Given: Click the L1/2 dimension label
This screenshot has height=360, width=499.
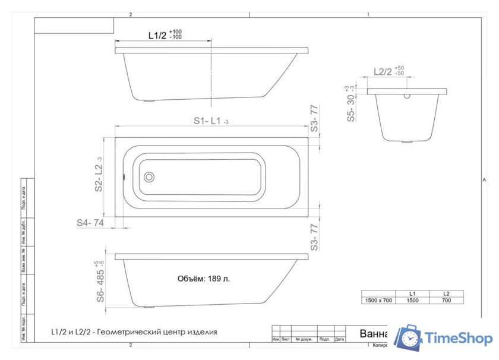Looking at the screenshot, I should coord(157,36).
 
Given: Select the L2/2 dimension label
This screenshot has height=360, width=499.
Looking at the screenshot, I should coord(383,72).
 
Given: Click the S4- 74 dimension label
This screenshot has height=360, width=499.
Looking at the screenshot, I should coord(90,222).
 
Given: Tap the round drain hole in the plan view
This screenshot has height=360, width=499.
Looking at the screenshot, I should coord(149,176).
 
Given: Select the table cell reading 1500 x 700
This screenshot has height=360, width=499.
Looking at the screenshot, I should coord(378,301).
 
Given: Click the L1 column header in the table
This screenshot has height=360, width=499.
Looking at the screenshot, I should coord(412,293).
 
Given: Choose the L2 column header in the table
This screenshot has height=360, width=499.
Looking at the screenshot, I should coord(447,293).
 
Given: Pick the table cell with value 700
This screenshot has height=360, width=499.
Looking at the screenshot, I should coord(447,301).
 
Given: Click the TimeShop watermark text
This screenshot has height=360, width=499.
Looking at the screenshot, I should coord(459,339).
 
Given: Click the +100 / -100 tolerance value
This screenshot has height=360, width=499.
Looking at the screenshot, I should coord(176,34).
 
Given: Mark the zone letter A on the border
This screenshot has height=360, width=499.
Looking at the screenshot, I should coord(485,178).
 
